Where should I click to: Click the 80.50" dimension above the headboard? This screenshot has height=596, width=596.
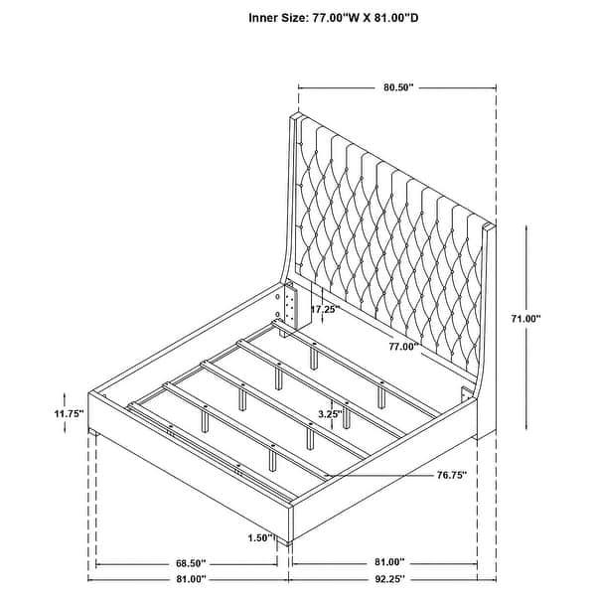pos(398,87)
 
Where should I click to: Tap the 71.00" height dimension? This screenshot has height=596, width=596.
pos(525,319)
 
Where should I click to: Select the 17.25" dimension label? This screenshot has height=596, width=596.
pos(324,309)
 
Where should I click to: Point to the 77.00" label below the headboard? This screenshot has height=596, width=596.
pos(403,347)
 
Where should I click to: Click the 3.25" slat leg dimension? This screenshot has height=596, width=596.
pos(331,414)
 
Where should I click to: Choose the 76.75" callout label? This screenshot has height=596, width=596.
pos(452,475)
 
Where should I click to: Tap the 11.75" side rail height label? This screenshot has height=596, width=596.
pos(69,413)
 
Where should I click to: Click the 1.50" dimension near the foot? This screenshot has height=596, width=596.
pos(260,537)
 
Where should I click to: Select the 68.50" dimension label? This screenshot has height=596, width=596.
pos(191,562)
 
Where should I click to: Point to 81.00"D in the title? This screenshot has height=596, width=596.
pos(396,18)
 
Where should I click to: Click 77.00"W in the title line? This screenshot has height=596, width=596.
pos(336,18)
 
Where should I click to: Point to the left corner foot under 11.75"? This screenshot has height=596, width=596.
pos(93,432)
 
